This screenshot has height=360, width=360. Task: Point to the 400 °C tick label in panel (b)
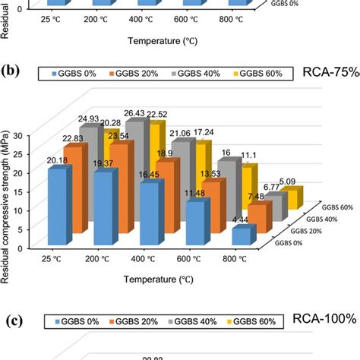pos(147,258)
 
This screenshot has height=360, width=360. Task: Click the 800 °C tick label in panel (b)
pos(239,258)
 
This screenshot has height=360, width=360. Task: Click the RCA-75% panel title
pos(327,73)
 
